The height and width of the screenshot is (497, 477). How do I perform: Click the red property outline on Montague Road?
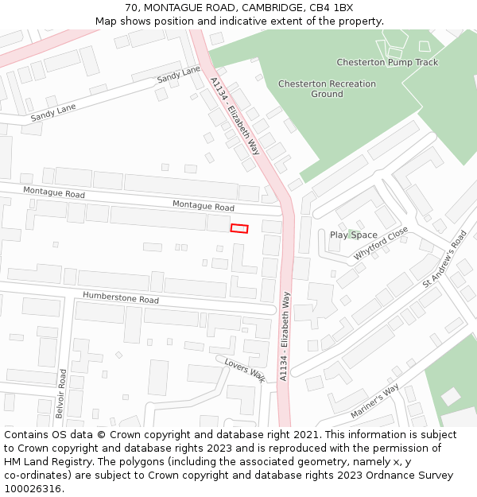(239, 228)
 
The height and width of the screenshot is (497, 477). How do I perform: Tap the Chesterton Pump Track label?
(387, 62)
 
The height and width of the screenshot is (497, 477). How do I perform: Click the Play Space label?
(354, 235)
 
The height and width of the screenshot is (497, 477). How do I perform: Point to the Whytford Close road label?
(381, 243)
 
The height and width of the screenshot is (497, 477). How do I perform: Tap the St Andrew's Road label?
(445, 259)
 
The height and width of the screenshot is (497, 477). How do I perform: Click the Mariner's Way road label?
(374, 402)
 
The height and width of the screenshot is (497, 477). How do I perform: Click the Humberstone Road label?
(121, 299)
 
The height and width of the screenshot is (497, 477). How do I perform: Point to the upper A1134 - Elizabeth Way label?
(235, 115)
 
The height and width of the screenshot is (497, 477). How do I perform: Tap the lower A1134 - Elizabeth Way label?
(285, 336)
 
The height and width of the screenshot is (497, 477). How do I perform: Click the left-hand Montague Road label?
(54, 192)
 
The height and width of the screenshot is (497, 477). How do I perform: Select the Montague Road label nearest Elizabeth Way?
(203, 206)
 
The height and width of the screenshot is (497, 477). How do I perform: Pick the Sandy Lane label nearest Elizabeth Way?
(179, 76)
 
